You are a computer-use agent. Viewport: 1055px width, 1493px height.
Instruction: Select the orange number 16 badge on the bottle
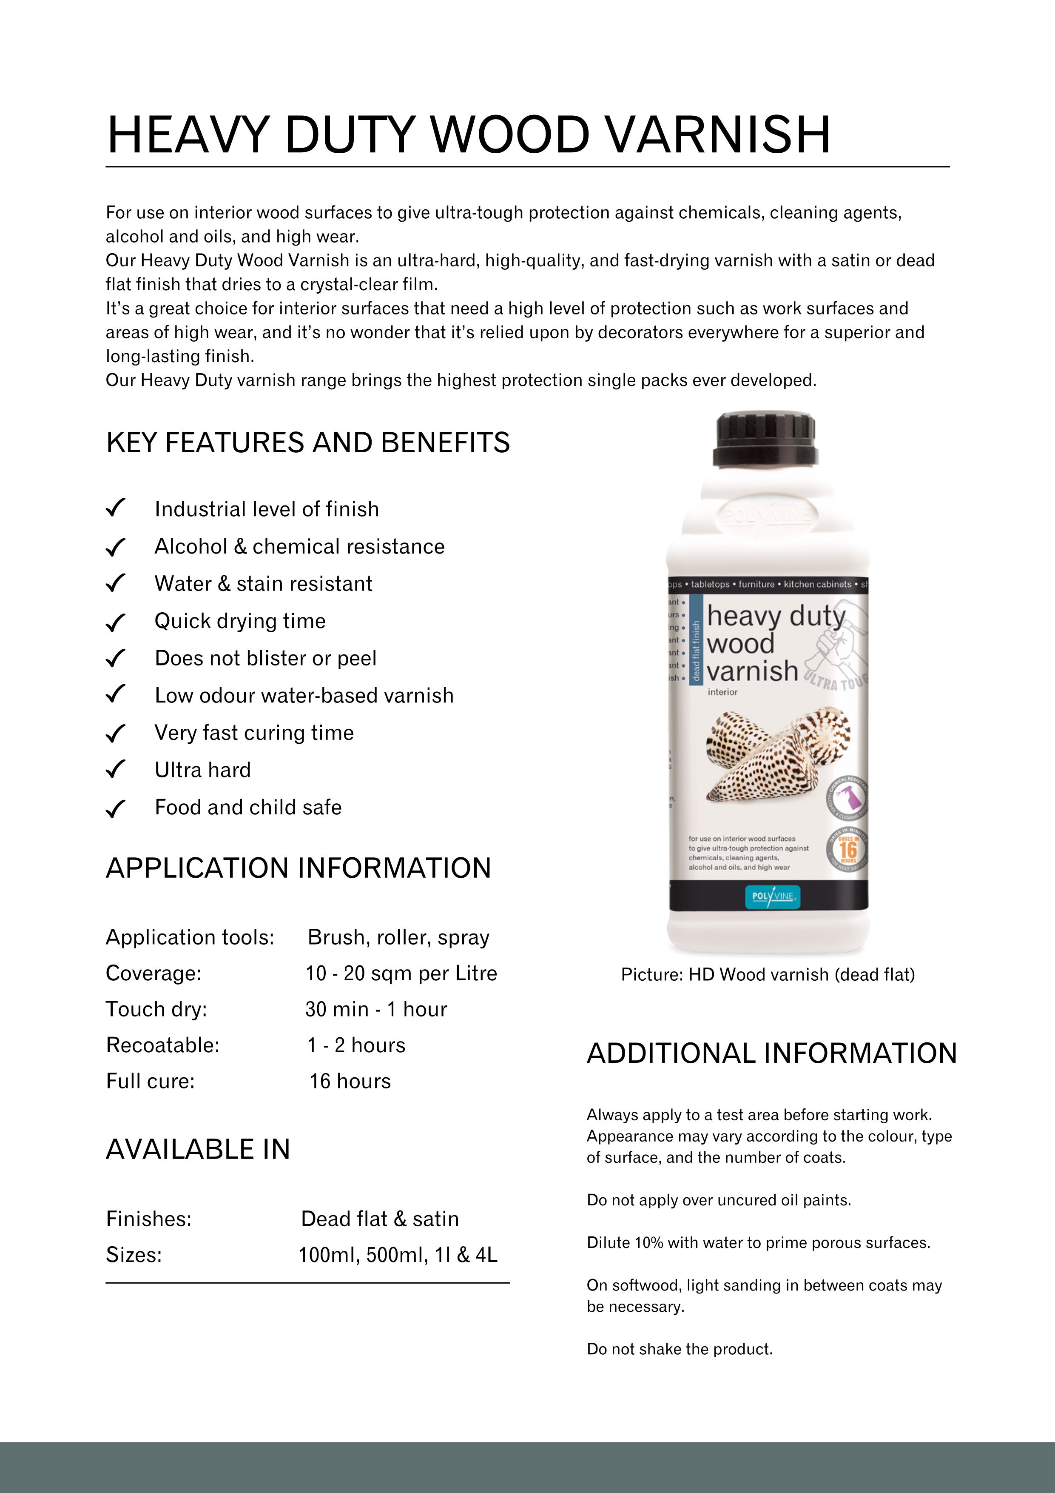(x=847, y=849)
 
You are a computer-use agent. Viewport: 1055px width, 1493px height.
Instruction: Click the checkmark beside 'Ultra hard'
(x=115, y=770)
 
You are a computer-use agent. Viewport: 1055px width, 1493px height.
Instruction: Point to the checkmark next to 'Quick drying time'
(x=115, y=622)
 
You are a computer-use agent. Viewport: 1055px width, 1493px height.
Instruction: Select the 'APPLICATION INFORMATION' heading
(x=299, y=868)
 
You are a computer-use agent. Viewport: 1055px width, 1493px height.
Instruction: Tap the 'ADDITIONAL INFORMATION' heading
(x=772, y=1053)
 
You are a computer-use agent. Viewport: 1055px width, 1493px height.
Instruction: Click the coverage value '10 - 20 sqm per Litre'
(x=401, y=973)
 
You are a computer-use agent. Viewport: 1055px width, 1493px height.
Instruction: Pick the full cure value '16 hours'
(x=350, y=1082)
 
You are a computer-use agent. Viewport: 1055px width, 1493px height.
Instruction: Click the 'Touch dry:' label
(x=156, y=1009)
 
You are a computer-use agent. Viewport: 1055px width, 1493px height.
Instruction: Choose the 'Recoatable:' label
(x=162, y=1045)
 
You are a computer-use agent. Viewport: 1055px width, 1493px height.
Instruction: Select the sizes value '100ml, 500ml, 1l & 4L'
(x=398, y=1254)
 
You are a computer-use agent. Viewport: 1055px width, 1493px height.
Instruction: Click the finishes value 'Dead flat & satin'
(x=380, y=1219)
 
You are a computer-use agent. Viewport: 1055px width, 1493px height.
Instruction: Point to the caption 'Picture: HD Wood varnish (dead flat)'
(x=768, y=975)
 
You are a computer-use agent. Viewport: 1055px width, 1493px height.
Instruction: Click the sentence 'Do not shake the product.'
(x=679, y=1349)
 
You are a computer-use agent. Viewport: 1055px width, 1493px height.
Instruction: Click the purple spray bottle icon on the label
(x=850, y=796)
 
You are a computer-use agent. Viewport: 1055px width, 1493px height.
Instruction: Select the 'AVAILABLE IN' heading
(x=198, y=1150)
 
